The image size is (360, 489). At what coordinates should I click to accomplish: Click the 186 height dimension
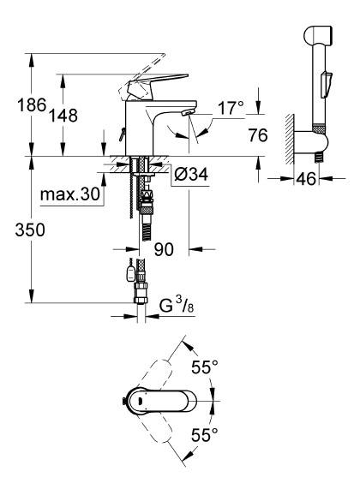click(32, 104)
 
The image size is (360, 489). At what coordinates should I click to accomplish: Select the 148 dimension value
click(63, 116)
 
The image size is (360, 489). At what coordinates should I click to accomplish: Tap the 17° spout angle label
click(230, 108)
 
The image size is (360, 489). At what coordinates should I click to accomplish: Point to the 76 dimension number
click(258, 135)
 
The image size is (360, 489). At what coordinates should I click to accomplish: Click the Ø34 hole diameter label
click(191, 174)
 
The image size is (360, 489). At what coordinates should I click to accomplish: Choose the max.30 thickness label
click(70, 194)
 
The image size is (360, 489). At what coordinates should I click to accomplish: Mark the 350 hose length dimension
click(30, 230)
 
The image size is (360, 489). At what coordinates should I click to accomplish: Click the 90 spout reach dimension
click(164, 249)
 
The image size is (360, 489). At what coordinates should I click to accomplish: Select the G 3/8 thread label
click(177, 306)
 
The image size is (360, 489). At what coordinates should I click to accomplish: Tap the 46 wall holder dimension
click(306, 179)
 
